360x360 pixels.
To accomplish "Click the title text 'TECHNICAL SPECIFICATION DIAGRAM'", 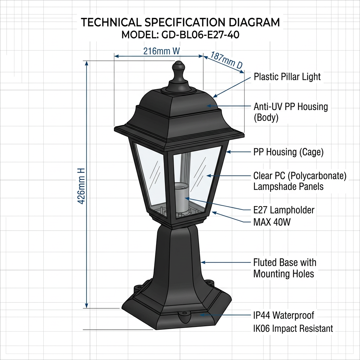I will [x=180, y=22].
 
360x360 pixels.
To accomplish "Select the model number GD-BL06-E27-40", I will [x=180, y=35].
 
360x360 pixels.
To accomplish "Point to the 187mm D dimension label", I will [x=226, y=60].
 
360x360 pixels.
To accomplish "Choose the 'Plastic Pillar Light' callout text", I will [x=287, y=77].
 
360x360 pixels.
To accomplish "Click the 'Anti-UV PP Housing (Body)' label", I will [x=290, y=112].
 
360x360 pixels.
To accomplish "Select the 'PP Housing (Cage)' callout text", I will [x=288, y=152].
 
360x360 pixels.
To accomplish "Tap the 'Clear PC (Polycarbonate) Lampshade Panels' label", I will [x=300, y=181].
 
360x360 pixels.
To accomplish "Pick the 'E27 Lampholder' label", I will [x=284, y=210].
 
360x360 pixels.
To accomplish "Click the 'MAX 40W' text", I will [x=272, y=222].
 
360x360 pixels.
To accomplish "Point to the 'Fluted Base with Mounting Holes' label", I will [x=285, y=268].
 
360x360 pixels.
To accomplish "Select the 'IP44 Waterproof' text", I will [x=283, y=315].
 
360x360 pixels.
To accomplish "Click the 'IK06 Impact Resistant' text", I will [x=293, y=329].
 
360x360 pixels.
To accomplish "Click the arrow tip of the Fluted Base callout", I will [x=202, y=262].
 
